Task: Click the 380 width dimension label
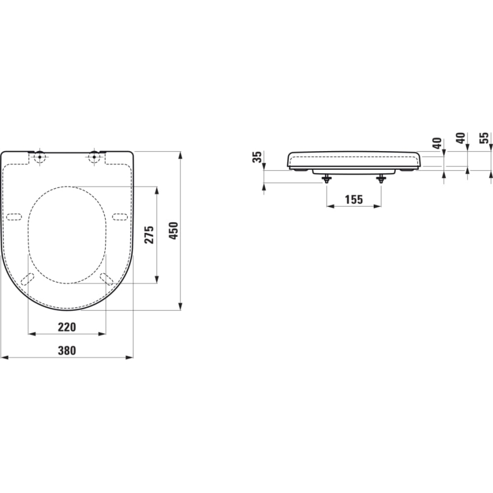(x=66, y=350)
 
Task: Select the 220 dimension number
(x=66, y=327)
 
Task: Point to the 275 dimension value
(x=149, y=235)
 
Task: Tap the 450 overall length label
(x=174, y=231)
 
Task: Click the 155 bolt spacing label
(x=353, y=199)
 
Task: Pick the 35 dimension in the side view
(x=257, y=157)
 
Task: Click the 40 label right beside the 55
(x=461, y=138)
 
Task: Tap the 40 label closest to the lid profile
(x=436, y=143)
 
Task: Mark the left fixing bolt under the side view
(x=326, y=178)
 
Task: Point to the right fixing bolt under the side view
(x=381, y=178)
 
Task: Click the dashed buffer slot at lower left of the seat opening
(x=27, y=278)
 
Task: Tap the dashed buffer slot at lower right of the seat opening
(x=106, y=278)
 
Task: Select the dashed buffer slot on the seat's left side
(x=14, y=216)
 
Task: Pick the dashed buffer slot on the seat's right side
(x=120, y=216)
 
